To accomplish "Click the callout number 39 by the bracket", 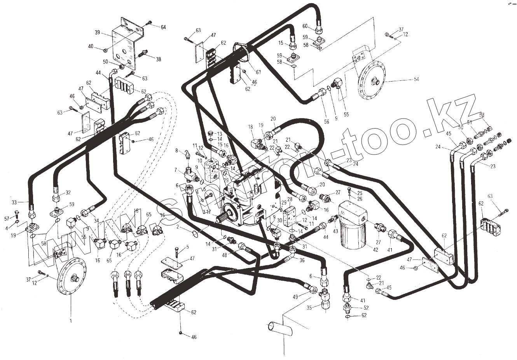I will coord(98,32).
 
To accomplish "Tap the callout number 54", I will coord(416,79).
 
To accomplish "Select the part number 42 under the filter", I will coord(375,250).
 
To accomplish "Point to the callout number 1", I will coord(71,321).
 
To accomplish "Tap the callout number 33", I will coord(15,202).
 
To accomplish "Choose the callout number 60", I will coord(305,26).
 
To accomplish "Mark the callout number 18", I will coord(251,127).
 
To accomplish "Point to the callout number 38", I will coord(158,59).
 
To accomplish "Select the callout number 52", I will coord(365,308).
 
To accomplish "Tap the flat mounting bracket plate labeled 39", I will coord(124,45).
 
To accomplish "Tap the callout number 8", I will coord(176,151).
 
